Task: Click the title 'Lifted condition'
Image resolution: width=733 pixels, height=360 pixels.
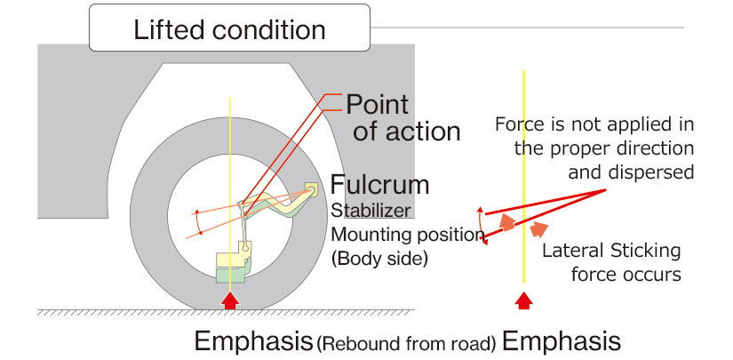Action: (229, 30)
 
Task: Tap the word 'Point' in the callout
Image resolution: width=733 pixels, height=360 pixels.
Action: (377, 104)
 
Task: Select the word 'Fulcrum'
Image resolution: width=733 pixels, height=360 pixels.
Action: (379, 185)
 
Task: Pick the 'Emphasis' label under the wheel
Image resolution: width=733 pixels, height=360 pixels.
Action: (252, 340)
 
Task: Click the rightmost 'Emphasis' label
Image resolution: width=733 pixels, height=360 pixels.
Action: (561, 340)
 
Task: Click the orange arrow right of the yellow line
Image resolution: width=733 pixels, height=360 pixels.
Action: (538, 229)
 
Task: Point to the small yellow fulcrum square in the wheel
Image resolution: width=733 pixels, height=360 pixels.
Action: (311, 188)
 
